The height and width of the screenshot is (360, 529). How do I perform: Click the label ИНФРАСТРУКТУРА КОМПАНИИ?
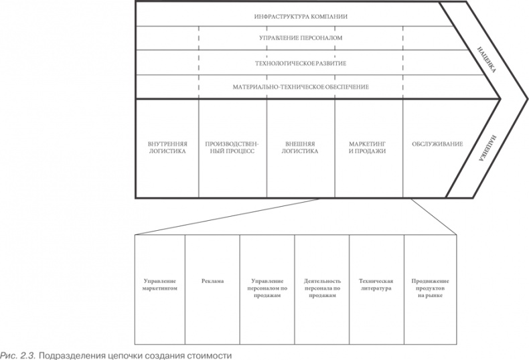(x=301, y=17)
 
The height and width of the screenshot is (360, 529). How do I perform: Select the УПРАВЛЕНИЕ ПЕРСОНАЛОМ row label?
(x=301, y=38)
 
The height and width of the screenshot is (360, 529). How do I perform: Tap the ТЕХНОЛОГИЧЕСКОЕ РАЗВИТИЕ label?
(x=301, y=64)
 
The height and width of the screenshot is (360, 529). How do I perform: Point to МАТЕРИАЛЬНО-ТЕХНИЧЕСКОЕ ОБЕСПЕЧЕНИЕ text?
(x=301, y=87)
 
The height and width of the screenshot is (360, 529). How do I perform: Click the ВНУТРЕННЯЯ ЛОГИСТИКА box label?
(x=167, y=148)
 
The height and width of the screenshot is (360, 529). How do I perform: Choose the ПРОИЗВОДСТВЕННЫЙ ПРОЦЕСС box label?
(x=232, y=148)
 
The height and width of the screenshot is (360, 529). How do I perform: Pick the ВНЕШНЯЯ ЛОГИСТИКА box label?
(x=300, y=148)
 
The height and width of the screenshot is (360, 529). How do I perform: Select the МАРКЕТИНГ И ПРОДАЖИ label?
(x=367, y=148)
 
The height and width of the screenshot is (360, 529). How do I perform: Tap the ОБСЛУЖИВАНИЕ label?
(x=437, y=145)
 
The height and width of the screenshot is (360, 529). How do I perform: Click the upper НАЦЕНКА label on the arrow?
(x=487, y=60)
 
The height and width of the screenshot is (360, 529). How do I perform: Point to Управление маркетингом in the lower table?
(x=160, y=285)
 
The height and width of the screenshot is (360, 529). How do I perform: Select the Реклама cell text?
(x=212, y=281)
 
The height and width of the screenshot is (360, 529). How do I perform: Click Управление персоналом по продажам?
(x=267, y=288)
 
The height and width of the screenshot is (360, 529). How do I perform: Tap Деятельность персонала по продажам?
(x=322, y=288)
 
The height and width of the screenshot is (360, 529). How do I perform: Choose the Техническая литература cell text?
(x=376, y=285)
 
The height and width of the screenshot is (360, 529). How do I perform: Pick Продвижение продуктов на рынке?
(x=430, y=288)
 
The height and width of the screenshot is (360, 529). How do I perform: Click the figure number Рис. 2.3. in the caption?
(x=18, y=355)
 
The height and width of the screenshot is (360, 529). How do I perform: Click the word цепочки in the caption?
(x=127, y=356)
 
